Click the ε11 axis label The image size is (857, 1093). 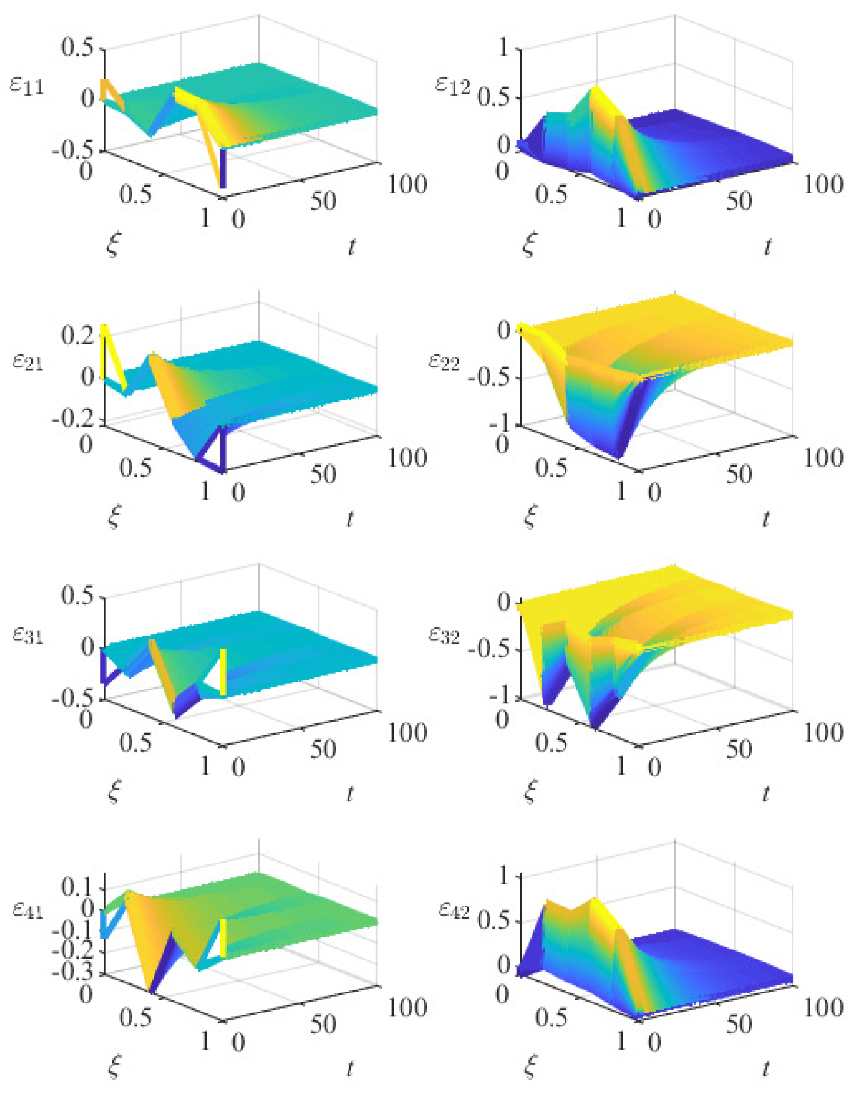(x=27, y=86)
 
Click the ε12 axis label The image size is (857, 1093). (x=452, y=86)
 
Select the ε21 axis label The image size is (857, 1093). (x=27, y=362)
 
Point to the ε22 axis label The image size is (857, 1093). (x=444, y=362)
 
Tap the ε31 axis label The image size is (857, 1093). (x=27, y=636)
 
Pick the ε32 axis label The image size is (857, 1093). (x=444, y=636)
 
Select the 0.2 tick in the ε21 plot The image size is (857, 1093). (x=77, y=335)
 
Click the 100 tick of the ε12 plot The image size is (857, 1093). (x=823, y=184)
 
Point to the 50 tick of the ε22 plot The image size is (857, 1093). (x=739, y=474)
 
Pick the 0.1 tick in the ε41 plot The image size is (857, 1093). (x=77, y=887)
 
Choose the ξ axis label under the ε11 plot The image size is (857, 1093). (x=114, y=246)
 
